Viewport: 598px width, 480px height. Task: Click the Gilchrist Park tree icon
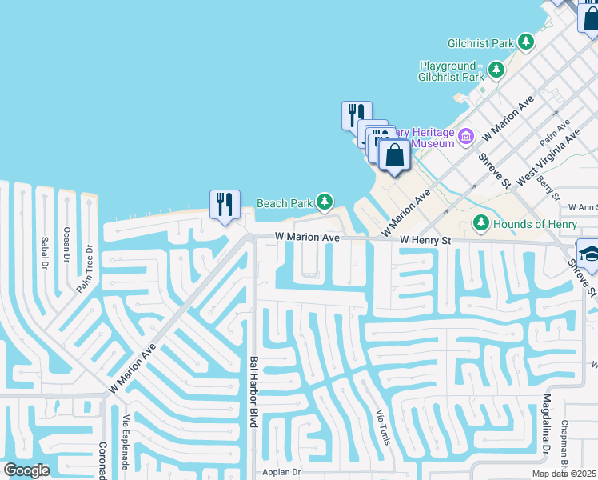click(525, 41)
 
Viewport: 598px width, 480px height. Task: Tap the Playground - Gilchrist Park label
click(452, 71)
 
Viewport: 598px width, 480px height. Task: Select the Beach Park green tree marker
click(324, 202)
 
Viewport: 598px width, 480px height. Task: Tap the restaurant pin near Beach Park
click(225, 205)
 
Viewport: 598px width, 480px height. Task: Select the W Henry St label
click(425, 240)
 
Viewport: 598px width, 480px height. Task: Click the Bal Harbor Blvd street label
click(253, 391)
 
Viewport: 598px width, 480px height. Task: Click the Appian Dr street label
click(280, 472)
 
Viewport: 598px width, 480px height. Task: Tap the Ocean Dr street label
click(66, 244)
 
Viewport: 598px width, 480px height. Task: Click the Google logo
click(26, 470)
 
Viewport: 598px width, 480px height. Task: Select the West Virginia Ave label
click(549, 157)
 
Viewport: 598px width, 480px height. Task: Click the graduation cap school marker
click(590, 254)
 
